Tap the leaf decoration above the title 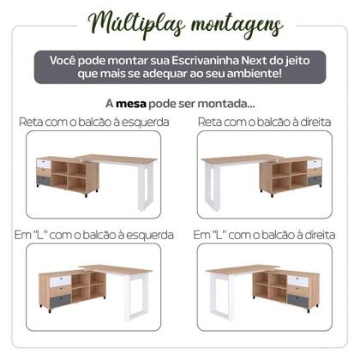pyautogui.click(x=181, y=6)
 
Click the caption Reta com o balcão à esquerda pyautogui.click(x=93, y=123)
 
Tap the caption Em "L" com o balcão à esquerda pyautogui.click(x=93, y=234)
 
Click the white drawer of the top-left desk pyautogui.click(x=45, y=162)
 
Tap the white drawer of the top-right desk pyautogui.click(x=314, y=163)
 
